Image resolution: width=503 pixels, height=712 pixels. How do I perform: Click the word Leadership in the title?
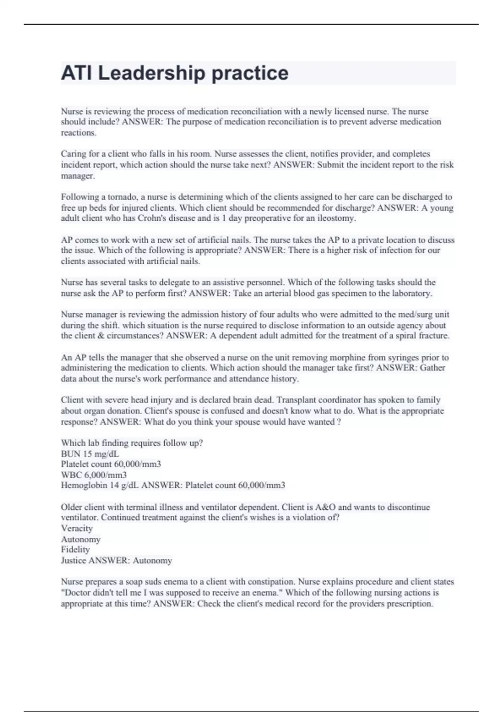pyautogui.click(x=151, y=73)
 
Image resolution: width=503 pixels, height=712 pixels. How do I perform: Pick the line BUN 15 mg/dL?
pyautogui.click(x=90, y=454)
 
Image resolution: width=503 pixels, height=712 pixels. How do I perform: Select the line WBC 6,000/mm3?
pyautogui.click(x=93, y=475)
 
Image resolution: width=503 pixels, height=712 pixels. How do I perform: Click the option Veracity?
pyautogui.click(x=77, y=528)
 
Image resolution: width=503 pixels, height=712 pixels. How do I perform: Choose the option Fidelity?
pyautogui.click(x=75, y=549)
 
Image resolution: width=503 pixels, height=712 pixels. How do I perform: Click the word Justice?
pyautogui.click(x=73, y=560)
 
